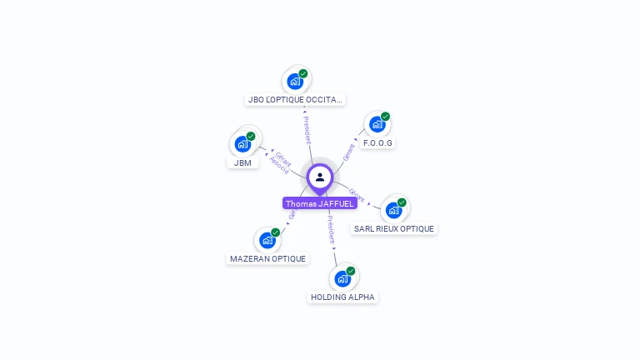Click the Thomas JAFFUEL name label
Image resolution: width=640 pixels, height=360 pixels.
pos(320,203)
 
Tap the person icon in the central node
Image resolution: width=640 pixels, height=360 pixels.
pos(320,177)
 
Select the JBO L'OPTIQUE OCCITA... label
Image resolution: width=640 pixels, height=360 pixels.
pos(295,100)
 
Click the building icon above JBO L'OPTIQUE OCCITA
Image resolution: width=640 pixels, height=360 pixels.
pos(294,82)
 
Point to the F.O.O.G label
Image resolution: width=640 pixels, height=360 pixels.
pos(377,142)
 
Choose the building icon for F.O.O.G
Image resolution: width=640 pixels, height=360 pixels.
pos(377,125)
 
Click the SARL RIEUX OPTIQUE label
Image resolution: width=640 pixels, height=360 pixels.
pos(393,228)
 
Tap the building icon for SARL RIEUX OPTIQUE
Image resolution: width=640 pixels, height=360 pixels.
pos(393,210)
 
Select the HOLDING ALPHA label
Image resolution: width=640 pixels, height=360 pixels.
pos(342,297)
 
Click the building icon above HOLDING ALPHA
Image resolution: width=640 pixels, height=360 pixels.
pos(342,279)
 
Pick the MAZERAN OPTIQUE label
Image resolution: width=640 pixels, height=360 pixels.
pos(268,258)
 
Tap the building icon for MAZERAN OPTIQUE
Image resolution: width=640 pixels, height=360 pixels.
pos(267,241)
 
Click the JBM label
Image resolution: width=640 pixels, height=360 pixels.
pos(242,162)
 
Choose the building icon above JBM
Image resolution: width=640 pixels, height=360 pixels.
pos(242,144)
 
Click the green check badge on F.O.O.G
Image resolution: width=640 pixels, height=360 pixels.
pos(385,117)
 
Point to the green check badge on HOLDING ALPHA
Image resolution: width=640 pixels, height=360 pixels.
pos(351,271)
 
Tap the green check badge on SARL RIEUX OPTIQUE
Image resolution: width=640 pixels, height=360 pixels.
pos(402,202)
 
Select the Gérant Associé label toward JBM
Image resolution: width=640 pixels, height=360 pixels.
pos(281,162)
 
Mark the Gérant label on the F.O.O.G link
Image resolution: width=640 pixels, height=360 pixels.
pos(349,152)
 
